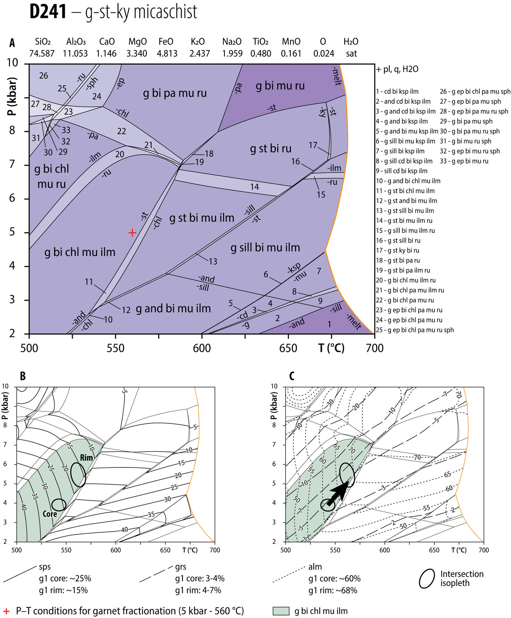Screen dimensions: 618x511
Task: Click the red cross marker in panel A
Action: tap(132, 233)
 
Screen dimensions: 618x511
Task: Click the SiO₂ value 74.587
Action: tap(42, 54)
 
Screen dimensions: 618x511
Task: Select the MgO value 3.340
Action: tap(136, 54)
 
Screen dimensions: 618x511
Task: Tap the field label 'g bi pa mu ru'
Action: tap(175, 93)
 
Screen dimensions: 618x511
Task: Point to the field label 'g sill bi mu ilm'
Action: tap(265, 248)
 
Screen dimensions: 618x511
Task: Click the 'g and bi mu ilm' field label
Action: tap(173, 308)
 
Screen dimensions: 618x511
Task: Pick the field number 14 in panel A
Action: tap(254, 187)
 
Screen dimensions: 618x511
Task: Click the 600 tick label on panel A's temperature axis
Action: tap(202, 348)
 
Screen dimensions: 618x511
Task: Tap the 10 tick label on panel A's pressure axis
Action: tap(13, 63)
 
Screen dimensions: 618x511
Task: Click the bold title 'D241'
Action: tap(48, 12)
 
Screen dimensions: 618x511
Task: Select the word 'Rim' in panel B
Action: tap(86, 458)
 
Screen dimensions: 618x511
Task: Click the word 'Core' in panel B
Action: tap(50, 514)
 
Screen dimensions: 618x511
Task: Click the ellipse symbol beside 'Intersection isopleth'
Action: tap(427, 579)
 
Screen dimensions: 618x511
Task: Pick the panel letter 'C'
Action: tap(292, 376)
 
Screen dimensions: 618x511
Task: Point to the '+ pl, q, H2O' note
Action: tap(397, 69)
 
